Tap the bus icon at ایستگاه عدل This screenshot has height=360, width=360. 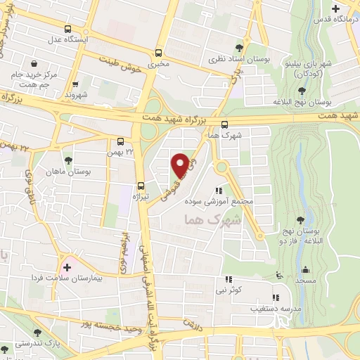point(67,29)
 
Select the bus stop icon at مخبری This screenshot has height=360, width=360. point(159,52)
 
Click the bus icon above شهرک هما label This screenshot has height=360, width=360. point(224,124)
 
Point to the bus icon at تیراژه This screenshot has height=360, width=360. point(141,186)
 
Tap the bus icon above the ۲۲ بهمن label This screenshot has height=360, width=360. point(121,141)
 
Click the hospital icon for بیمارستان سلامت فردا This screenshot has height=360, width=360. point(67,266)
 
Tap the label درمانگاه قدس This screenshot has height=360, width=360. point(335,20)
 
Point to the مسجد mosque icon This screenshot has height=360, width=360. point(306,270)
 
